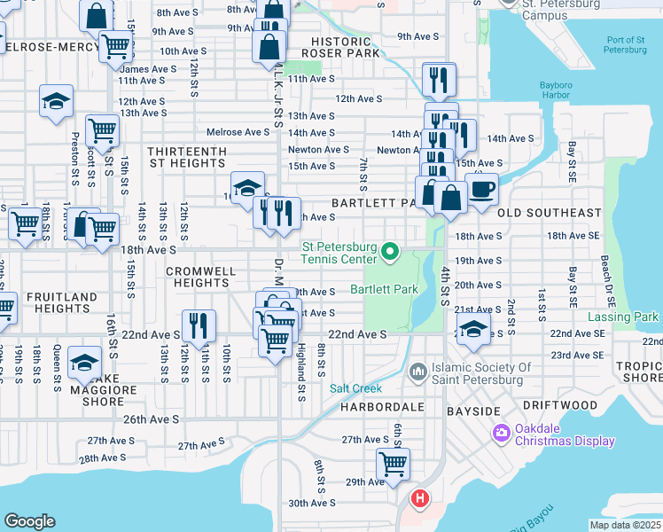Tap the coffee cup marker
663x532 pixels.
(481, 191)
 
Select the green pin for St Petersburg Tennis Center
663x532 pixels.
(389, 254)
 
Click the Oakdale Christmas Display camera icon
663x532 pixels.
(501, 432)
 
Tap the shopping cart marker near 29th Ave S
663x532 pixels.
(393, 463)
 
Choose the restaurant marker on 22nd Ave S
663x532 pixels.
(199, 325)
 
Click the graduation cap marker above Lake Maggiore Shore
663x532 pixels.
(85, 364)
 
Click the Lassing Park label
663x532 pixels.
(623, 317)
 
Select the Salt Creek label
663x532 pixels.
(355, 388)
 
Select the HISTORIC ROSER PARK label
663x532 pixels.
(346, 47)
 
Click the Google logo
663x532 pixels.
(29, 521)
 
